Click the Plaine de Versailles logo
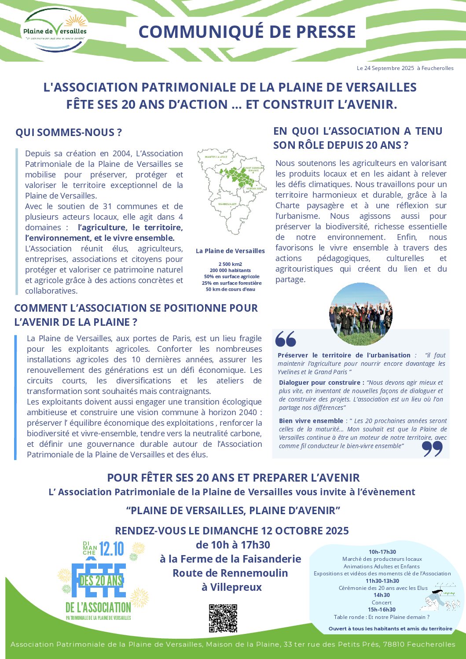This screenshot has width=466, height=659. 55,31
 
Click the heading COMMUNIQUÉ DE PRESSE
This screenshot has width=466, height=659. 247,32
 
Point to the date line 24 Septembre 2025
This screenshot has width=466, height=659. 405,68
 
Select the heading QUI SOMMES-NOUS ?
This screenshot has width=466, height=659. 69,133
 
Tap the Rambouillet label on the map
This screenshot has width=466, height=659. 227,204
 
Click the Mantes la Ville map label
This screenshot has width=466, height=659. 216,157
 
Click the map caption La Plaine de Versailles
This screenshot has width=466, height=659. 230,251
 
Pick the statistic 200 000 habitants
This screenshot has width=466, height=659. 230,270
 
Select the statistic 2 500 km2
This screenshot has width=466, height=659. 230,264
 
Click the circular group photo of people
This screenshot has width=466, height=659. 360,314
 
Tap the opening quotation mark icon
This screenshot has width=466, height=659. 286,339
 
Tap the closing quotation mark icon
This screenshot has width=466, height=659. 432,449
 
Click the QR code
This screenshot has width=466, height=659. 223,618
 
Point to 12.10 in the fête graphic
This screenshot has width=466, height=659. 111,549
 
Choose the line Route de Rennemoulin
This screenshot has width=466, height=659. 230,573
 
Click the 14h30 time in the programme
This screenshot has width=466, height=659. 382,595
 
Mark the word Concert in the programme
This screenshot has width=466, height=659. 382,603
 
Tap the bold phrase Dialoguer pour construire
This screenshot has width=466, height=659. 321,383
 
